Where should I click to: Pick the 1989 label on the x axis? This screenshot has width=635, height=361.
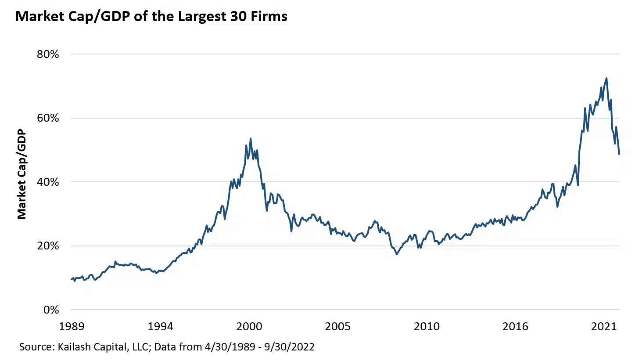(71, 327)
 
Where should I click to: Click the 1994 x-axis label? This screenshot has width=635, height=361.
(160, 327)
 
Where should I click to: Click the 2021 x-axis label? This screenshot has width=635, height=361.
(603, 327)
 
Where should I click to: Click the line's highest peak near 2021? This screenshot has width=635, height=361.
(606, 78)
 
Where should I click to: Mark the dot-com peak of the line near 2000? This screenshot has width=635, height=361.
(250, 138)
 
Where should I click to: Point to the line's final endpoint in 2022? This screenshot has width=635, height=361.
(619, 154)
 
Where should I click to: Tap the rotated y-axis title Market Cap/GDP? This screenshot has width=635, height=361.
(22, 174)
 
